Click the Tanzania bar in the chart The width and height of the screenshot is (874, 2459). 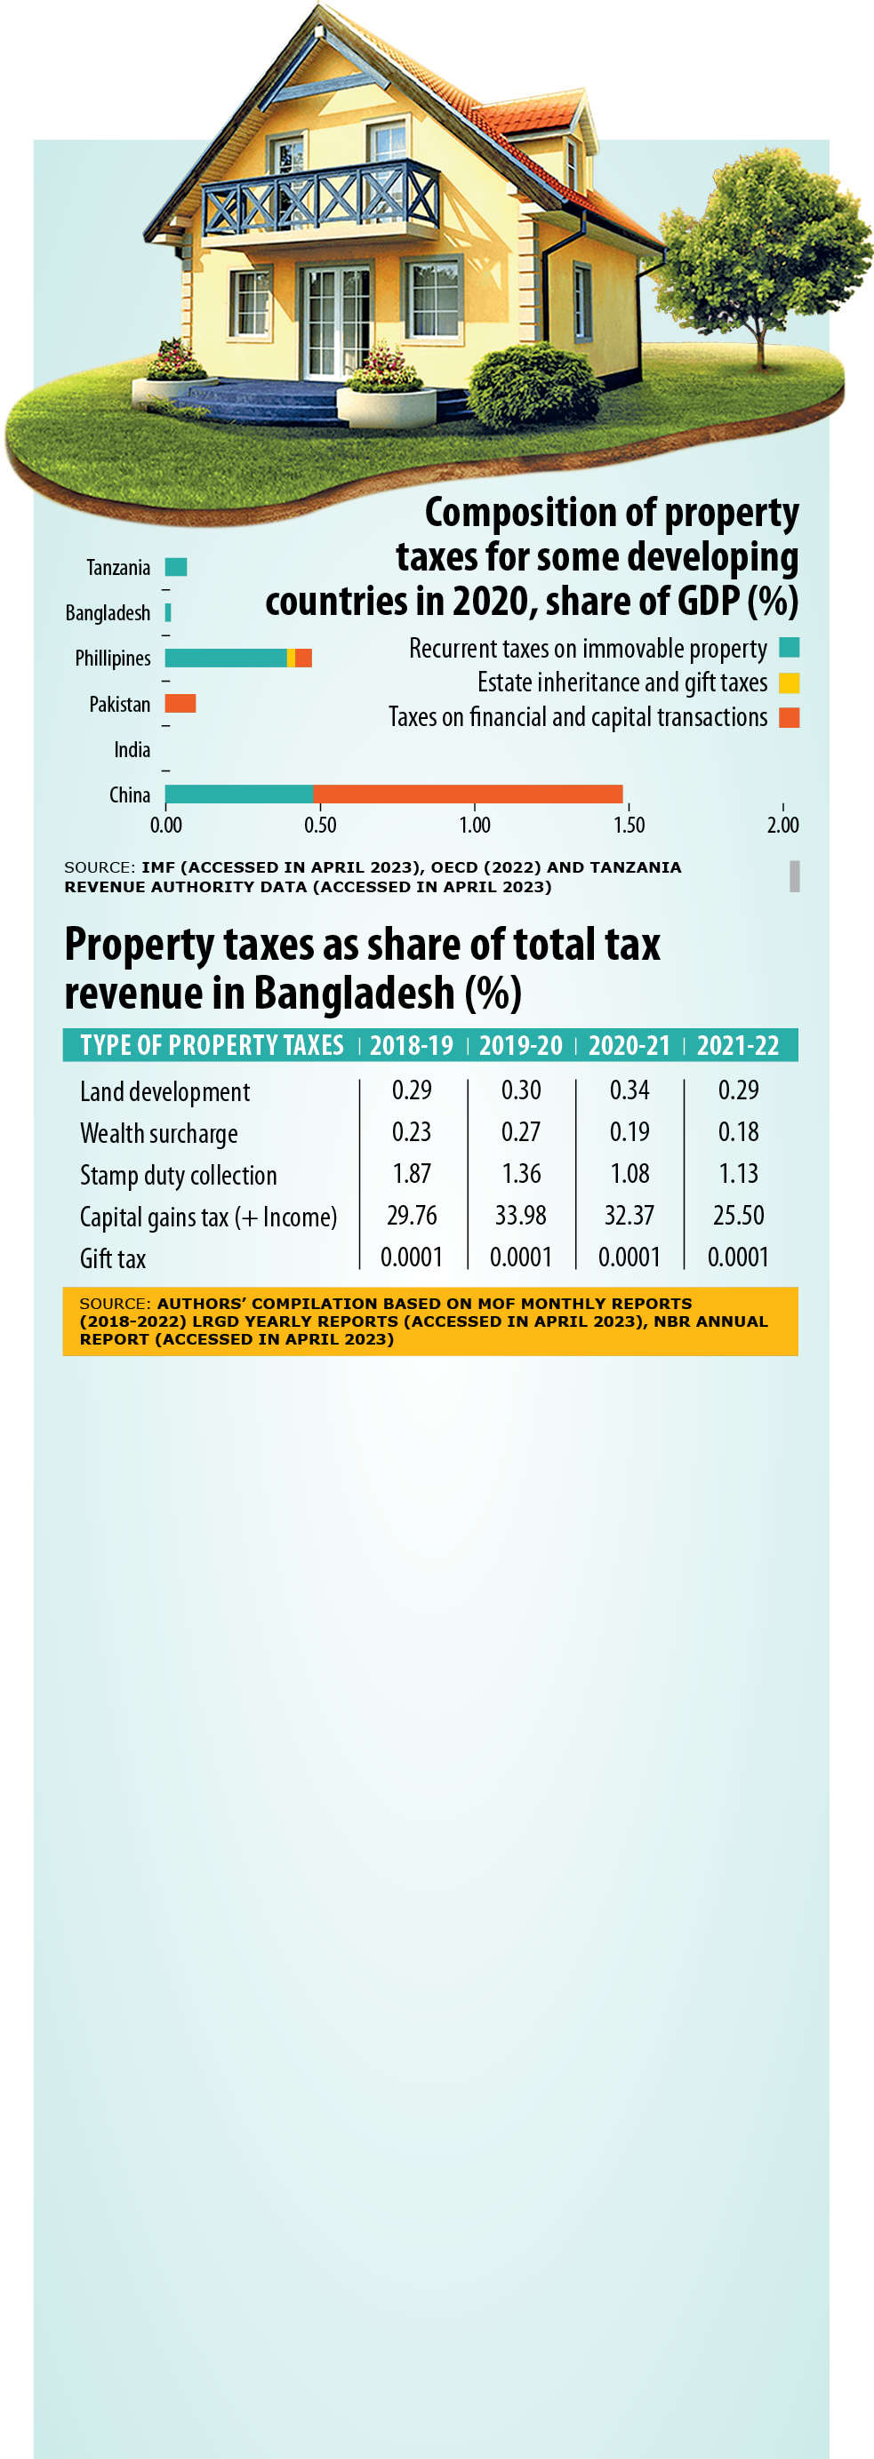[176, 567]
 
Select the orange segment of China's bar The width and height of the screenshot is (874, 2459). [467, 794]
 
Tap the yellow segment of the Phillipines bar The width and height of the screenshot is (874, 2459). [291, 658]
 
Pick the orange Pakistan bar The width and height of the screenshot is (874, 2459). [180, 704]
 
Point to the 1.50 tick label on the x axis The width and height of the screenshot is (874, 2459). [629, 825]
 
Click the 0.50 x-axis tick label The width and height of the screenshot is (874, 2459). [320, 825]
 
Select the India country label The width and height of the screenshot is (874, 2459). [132, 749]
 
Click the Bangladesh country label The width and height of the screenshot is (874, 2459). [107, 613]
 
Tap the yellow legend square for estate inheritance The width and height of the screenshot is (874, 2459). [789, 683]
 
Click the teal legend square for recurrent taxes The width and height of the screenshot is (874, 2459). [789, 648]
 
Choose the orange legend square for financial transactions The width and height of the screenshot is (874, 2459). [789, 717]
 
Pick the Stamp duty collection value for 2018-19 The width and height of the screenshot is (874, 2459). [412, 1173]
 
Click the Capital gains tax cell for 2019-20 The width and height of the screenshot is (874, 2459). [521, 1215]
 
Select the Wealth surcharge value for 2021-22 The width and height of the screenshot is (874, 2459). [738, 1131]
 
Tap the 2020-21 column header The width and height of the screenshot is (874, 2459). [629, 1045]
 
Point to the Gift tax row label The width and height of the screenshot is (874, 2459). [113, 1258]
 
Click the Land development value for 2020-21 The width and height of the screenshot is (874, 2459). [629, 1090]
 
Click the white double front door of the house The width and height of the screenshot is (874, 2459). [335, 322]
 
